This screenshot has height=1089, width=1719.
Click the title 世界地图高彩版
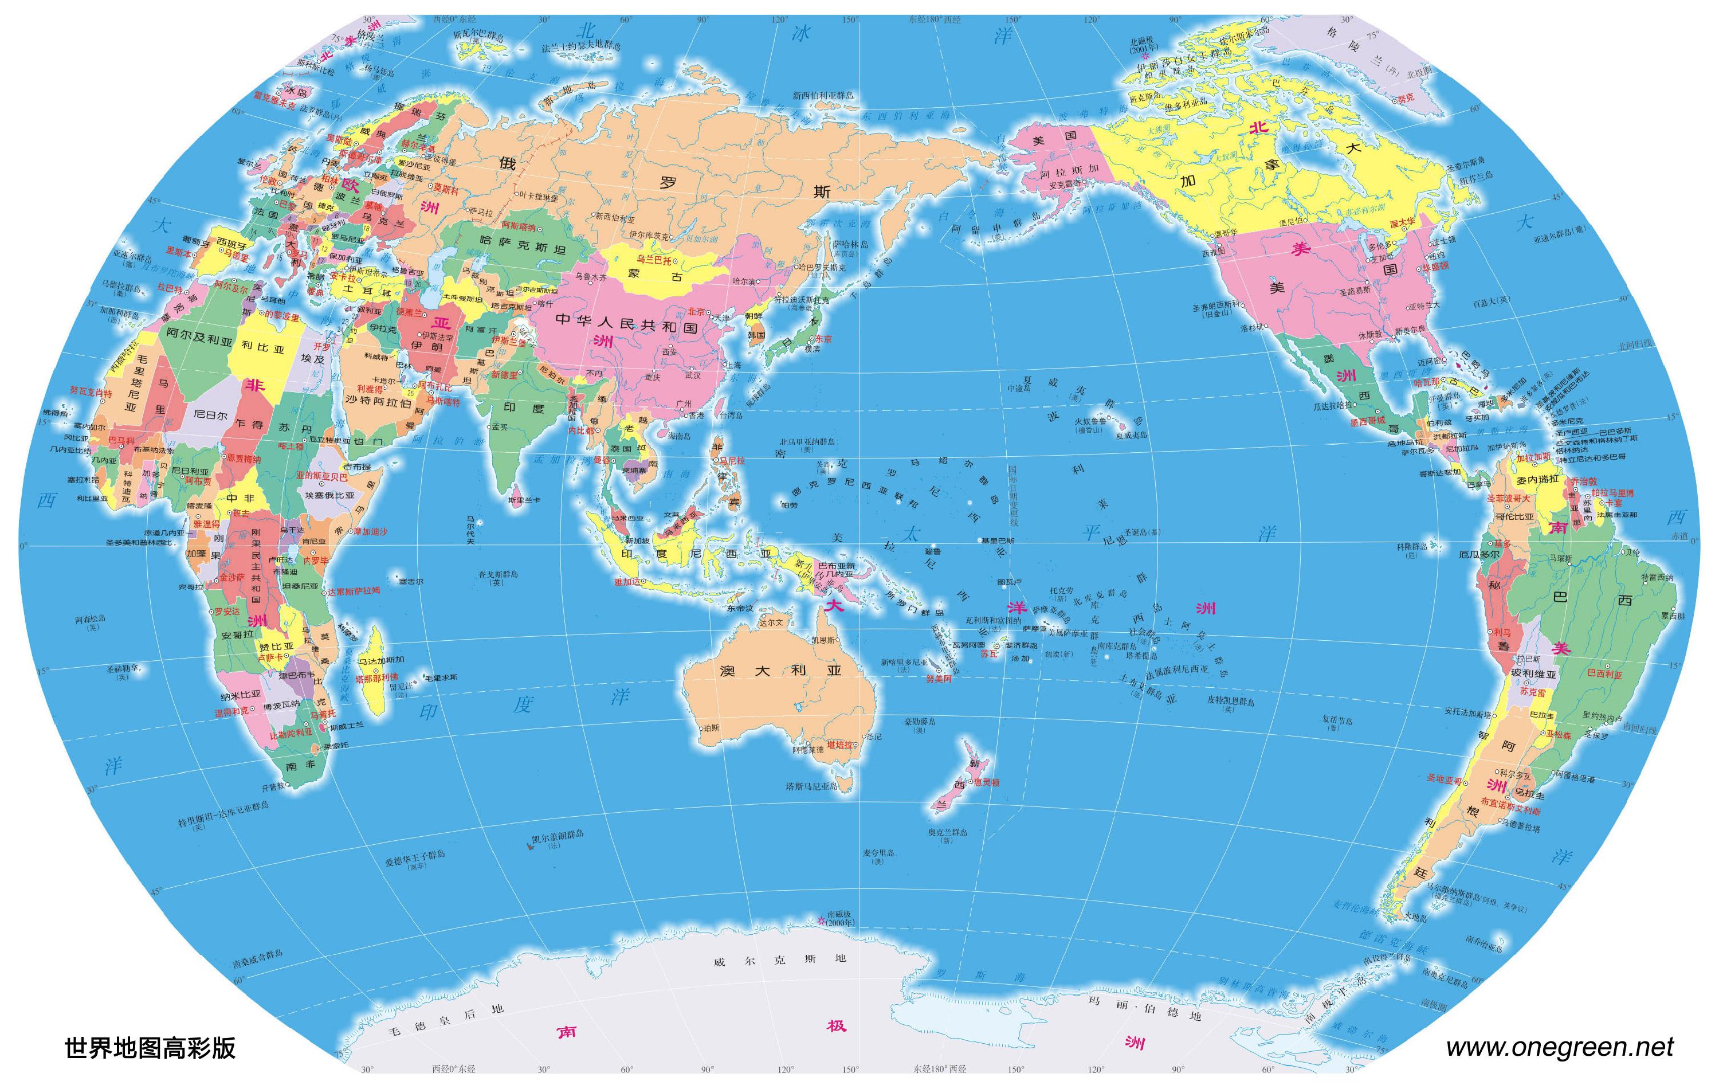click(150, 1048)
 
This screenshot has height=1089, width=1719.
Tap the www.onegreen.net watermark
click(1559, 1047)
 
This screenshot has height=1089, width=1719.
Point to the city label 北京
click(696, 311)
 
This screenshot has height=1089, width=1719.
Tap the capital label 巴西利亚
click(1618, 674)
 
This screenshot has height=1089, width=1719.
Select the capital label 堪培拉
click(839, 745)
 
